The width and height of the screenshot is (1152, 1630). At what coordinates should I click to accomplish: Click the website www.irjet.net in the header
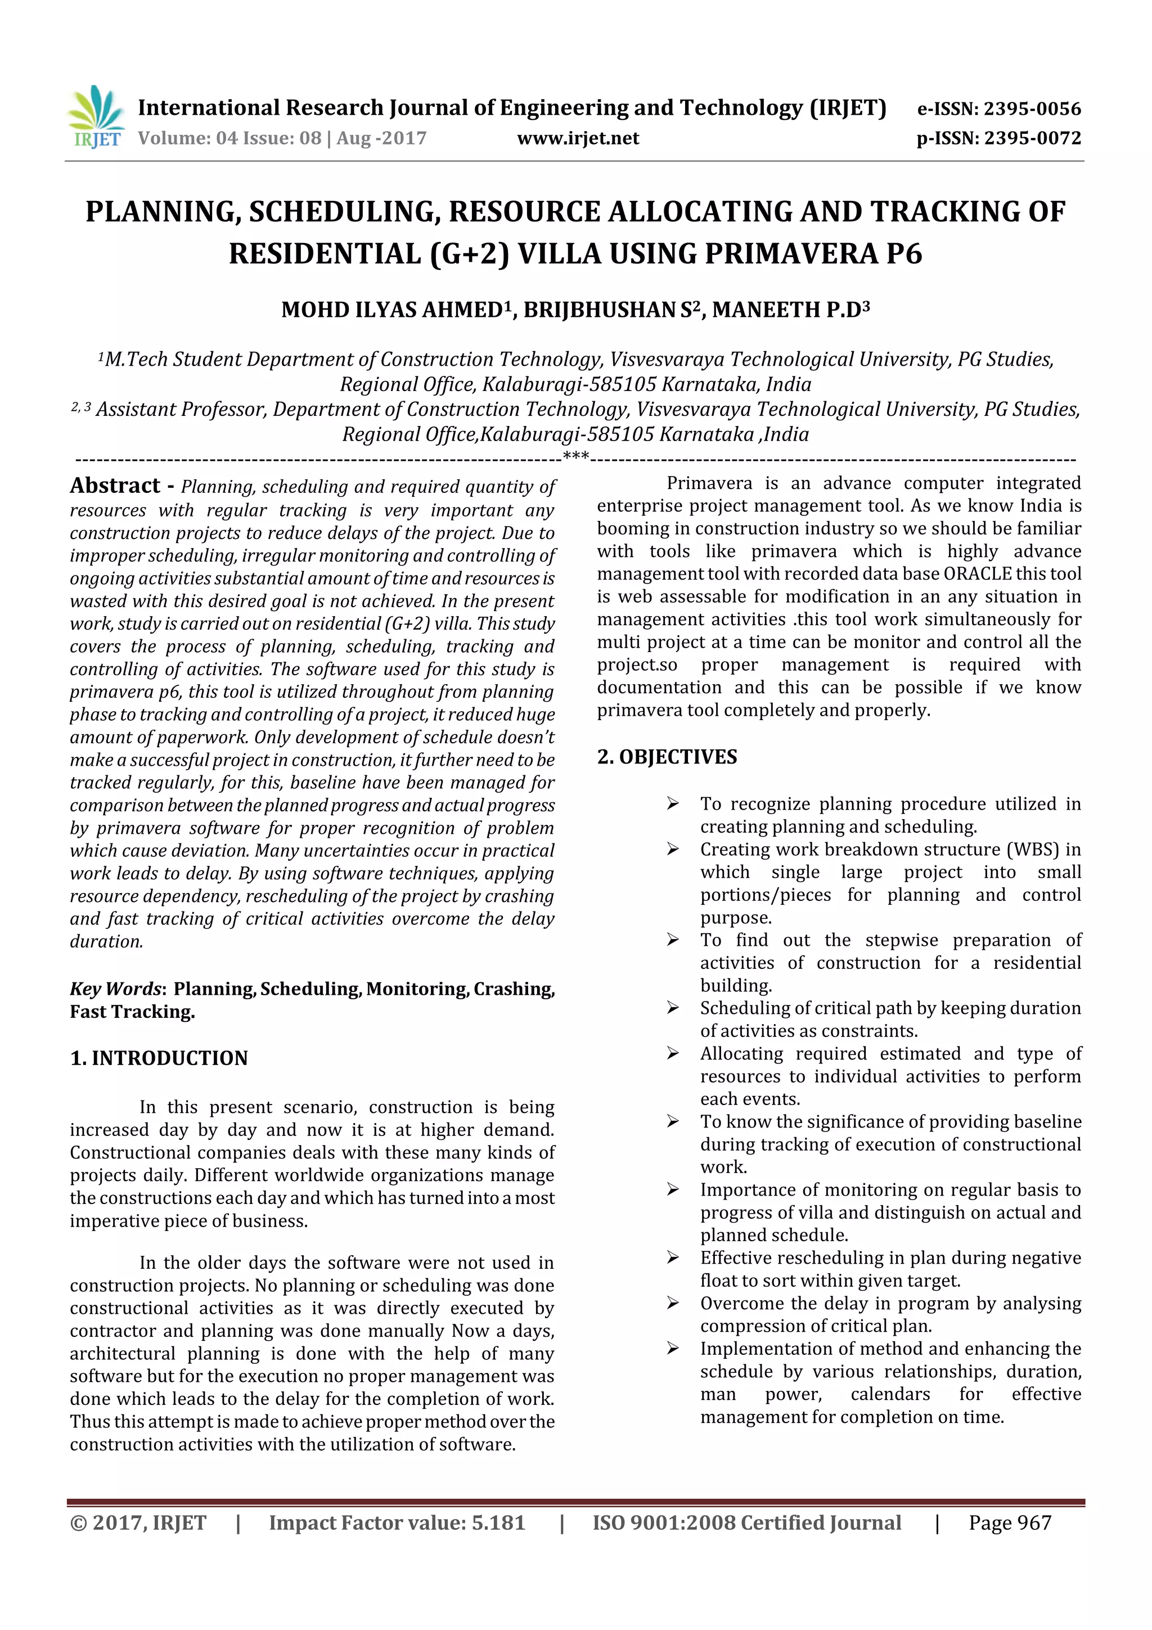[x=578, y=138]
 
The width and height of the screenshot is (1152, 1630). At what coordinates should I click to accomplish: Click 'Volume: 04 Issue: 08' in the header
[x=229, y=138]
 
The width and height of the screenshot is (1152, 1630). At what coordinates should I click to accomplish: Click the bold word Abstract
[x=115, y=486]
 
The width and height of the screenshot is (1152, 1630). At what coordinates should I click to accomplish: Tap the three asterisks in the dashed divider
[x=575, y=456]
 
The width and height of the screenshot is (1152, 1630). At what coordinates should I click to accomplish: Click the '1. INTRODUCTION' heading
[x=159, y=1058]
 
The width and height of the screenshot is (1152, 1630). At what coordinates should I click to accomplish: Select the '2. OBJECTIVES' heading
[x=667, y=757]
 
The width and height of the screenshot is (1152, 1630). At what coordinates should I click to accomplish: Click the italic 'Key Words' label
[x=116, y=989]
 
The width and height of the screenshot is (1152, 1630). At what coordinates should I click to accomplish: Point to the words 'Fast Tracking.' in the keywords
[x=132, y=1012]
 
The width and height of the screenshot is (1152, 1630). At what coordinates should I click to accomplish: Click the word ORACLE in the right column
[x=976, y=574]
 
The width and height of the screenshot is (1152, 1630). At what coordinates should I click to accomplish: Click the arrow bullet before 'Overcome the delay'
[x=672, y=1304]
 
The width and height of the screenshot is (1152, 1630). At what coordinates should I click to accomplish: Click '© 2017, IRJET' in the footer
[x=138, y=1523]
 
